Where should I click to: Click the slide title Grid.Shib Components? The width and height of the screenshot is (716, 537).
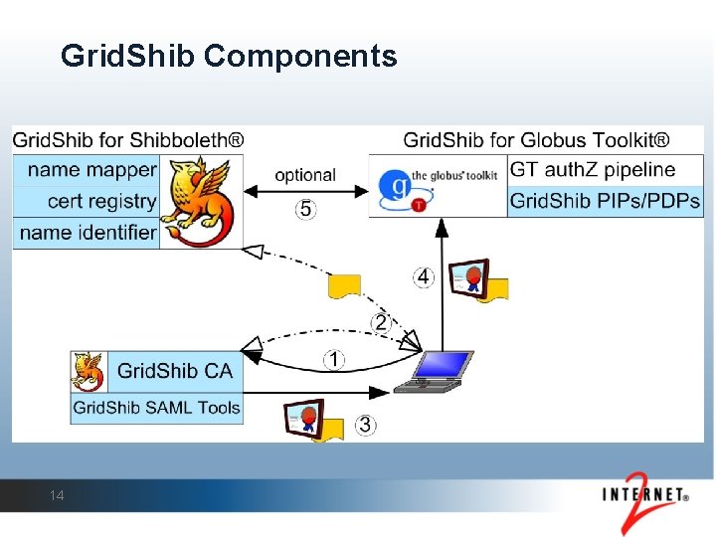click(228, 56)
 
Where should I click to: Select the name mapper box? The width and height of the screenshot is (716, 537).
click(88, 170)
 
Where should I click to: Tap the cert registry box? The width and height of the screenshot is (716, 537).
click(88, 201)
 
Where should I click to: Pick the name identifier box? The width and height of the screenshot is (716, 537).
click(88, 233)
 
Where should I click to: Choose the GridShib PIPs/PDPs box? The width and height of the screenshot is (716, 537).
click(605, 201)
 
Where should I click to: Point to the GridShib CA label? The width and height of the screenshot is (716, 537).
click(174, 371)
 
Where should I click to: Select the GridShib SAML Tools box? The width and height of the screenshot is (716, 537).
click(157, 407)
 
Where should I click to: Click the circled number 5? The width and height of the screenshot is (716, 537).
click(305, 209)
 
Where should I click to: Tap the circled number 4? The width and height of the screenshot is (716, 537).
click(425, 276)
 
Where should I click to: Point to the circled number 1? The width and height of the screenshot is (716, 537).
click(335, 359)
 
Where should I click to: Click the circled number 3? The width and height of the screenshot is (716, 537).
click(366, 426)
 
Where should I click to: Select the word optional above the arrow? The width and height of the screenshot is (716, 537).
click(305, 175)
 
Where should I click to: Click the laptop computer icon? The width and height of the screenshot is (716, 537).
click(435, 371)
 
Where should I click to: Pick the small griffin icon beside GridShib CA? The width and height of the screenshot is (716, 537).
click(89, 371)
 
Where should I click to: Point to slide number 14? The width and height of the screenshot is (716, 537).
click(57, 495)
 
